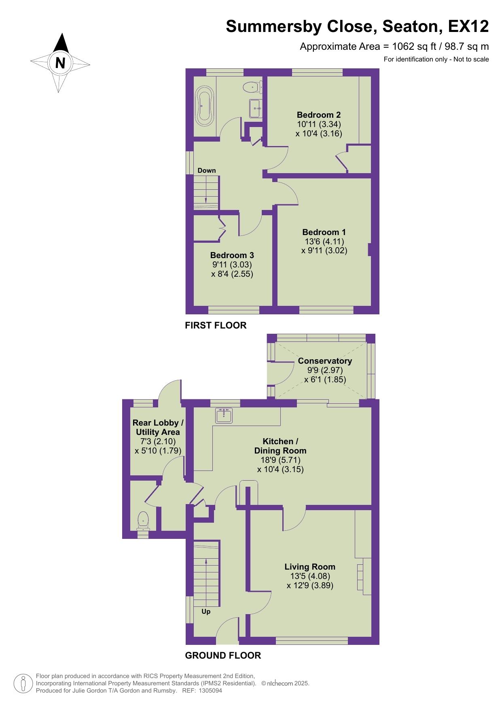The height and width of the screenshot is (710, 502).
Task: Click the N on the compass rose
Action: point(60,63)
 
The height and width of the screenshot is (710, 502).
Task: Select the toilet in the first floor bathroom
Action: point(253,86)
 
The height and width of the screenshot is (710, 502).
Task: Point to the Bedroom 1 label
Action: point(324,232)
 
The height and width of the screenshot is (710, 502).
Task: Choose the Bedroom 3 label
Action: point(232,255)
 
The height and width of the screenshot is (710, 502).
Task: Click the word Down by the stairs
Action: point(207,170)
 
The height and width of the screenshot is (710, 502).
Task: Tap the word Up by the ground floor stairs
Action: point(206,611)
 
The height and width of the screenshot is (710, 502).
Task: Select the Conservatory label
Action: point(325,361)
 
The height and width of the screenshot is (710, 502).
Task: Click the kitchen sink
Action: point(224,415)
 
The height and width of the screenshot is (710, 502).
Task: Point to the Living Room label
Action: point(310,567)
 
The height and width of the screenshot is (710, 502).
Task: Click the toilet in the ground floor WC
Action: point(143,521)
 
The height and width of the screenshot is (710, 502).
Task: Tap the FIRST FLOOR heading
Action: point(216,325)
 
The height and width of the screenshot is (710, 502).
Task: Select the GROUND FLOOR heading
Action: point(223,655)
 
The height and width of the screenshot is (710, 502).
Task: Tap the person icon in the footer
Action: point(23,683)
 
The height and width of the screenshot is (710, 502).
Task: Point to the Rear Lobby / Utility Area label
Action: point(158,427)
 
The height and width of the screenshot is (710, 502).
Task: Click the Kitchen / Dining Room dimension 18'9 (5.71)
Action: point(280,460)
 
